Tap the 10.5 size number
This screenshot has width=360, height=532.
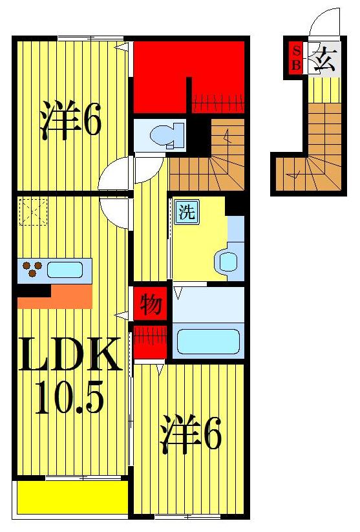click(70, 396)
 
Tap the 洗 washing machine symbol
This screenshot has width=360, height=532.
click(187, 212)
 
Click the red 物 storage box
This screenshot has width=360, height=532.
click(151, 304)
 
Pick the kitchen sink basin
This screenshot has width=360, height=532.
click(65, 269)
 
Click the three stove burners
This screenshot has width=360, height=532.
click(32, 268)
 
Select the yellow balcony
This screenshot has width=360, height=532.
click(71, 496)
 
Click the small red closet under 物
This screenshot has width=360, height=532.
click(151, 341)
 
